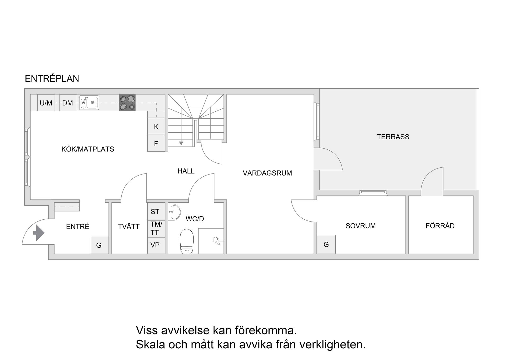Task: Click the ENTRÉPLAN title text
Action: point(52,79)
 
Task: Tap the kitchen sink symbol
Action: point(89,103)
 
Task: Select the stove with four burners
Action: point(127,103)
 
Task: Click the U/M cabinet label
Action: point(46,103)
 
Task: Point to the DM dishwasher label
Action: point(68,103)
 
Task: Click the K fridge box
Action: point(156,127)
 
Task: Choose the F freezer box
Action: point(156,144)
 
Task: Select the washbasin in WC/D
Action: point(174,212)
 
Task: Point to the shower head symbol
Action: point(217,240)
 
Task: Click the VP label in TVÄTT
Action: point(155,245)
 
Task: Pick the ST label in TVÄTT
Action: point(155,211)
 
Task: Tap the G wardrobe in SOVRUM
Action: point(326,244)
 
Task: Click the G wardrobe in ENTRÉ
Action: point(99,245)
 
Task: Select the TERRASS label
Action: point(393,137)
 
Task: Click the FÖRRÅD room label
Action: point(440,226)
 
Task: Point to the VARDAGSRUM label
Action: point(267,173)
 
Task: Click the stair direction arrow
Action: point(181,143)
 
